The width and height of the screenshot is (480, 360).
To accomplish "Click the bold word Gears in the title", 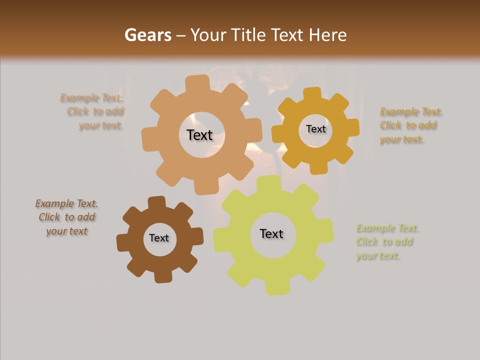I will tap(147, 35).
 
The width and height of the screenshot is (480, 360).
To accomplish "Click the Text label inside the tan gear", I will tap(199, 135).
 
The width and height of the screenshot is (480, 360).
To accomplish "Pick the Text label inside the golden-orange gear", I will tap(315, 129).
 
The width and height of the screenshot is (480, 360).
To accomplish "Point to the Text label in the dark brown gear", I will tap(159, 238).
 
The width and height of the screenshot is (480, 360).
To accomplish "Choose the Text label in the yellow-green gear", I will tap(271, 233).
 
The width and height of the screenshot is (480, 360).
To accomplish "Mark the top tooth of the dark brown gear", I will tap(156, 202).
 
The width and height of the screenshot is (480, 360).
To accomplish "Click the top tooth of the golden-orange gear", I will tap(312, 93).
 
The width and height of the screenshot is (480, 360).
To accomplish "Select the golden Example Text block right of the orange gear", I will tap(410, 125).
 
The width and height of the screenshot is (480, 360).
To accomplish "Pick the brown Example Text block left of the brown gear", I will tap(67, 217).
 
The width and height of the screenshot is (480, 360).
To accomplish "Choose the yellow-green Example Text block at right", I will tap(386, 242).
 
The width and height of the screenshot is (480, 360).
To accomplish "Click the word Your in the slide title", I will tap(207, 35).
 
